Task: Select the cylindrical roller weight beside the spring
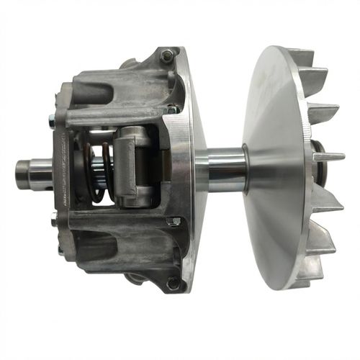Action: tap(132, 164)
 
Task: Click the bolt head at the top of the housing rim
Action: tap(166, 54)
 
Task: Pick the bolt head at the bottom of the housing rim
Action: tap(172, 284)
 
